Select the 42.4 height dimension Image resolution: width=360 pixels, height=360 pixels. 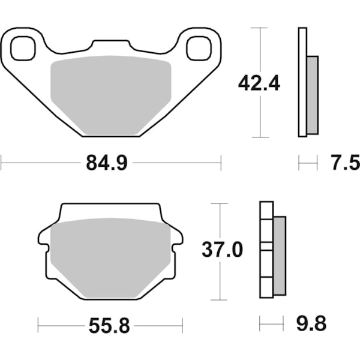coord(259,83)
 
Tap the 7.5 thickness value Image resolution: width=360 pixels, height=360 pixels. coord(345,162)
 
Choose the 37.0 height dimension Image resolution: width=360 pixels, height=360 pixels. coord(222,250)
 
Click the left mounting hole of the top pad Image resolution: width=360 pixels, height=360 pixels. coord(22,49)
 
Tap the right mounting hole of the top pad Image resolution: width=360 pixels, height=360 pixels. coord(197,49)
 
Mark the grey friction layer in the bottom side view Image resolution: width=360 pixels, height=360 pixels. coord(280,255)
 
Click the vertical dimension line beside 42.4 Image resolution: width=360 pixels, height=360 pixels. coord(259,120)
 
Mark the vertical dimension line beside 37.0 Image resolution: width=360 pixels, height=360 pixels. coord(222,282)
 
